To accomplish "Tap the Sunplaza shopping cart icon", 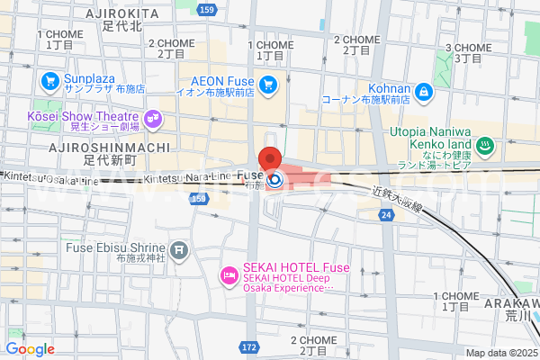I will coord(50,82).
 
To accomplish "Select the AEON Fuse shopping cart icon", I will coord(268,85).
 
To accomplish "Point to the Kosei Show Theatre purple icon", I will coord(152,117).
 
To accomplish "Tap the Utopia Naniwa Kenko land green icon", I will coord(483,144).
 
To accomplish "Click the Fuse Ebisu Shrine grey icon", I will coord(179,248).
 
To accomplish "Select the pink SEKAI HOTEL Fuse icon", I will coord(229,274).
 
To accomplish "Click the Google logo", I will coord(30,348).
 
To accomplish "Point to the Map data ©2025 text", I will coord(500,353).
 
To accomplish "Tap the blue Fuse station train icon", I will coord(275,179).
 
